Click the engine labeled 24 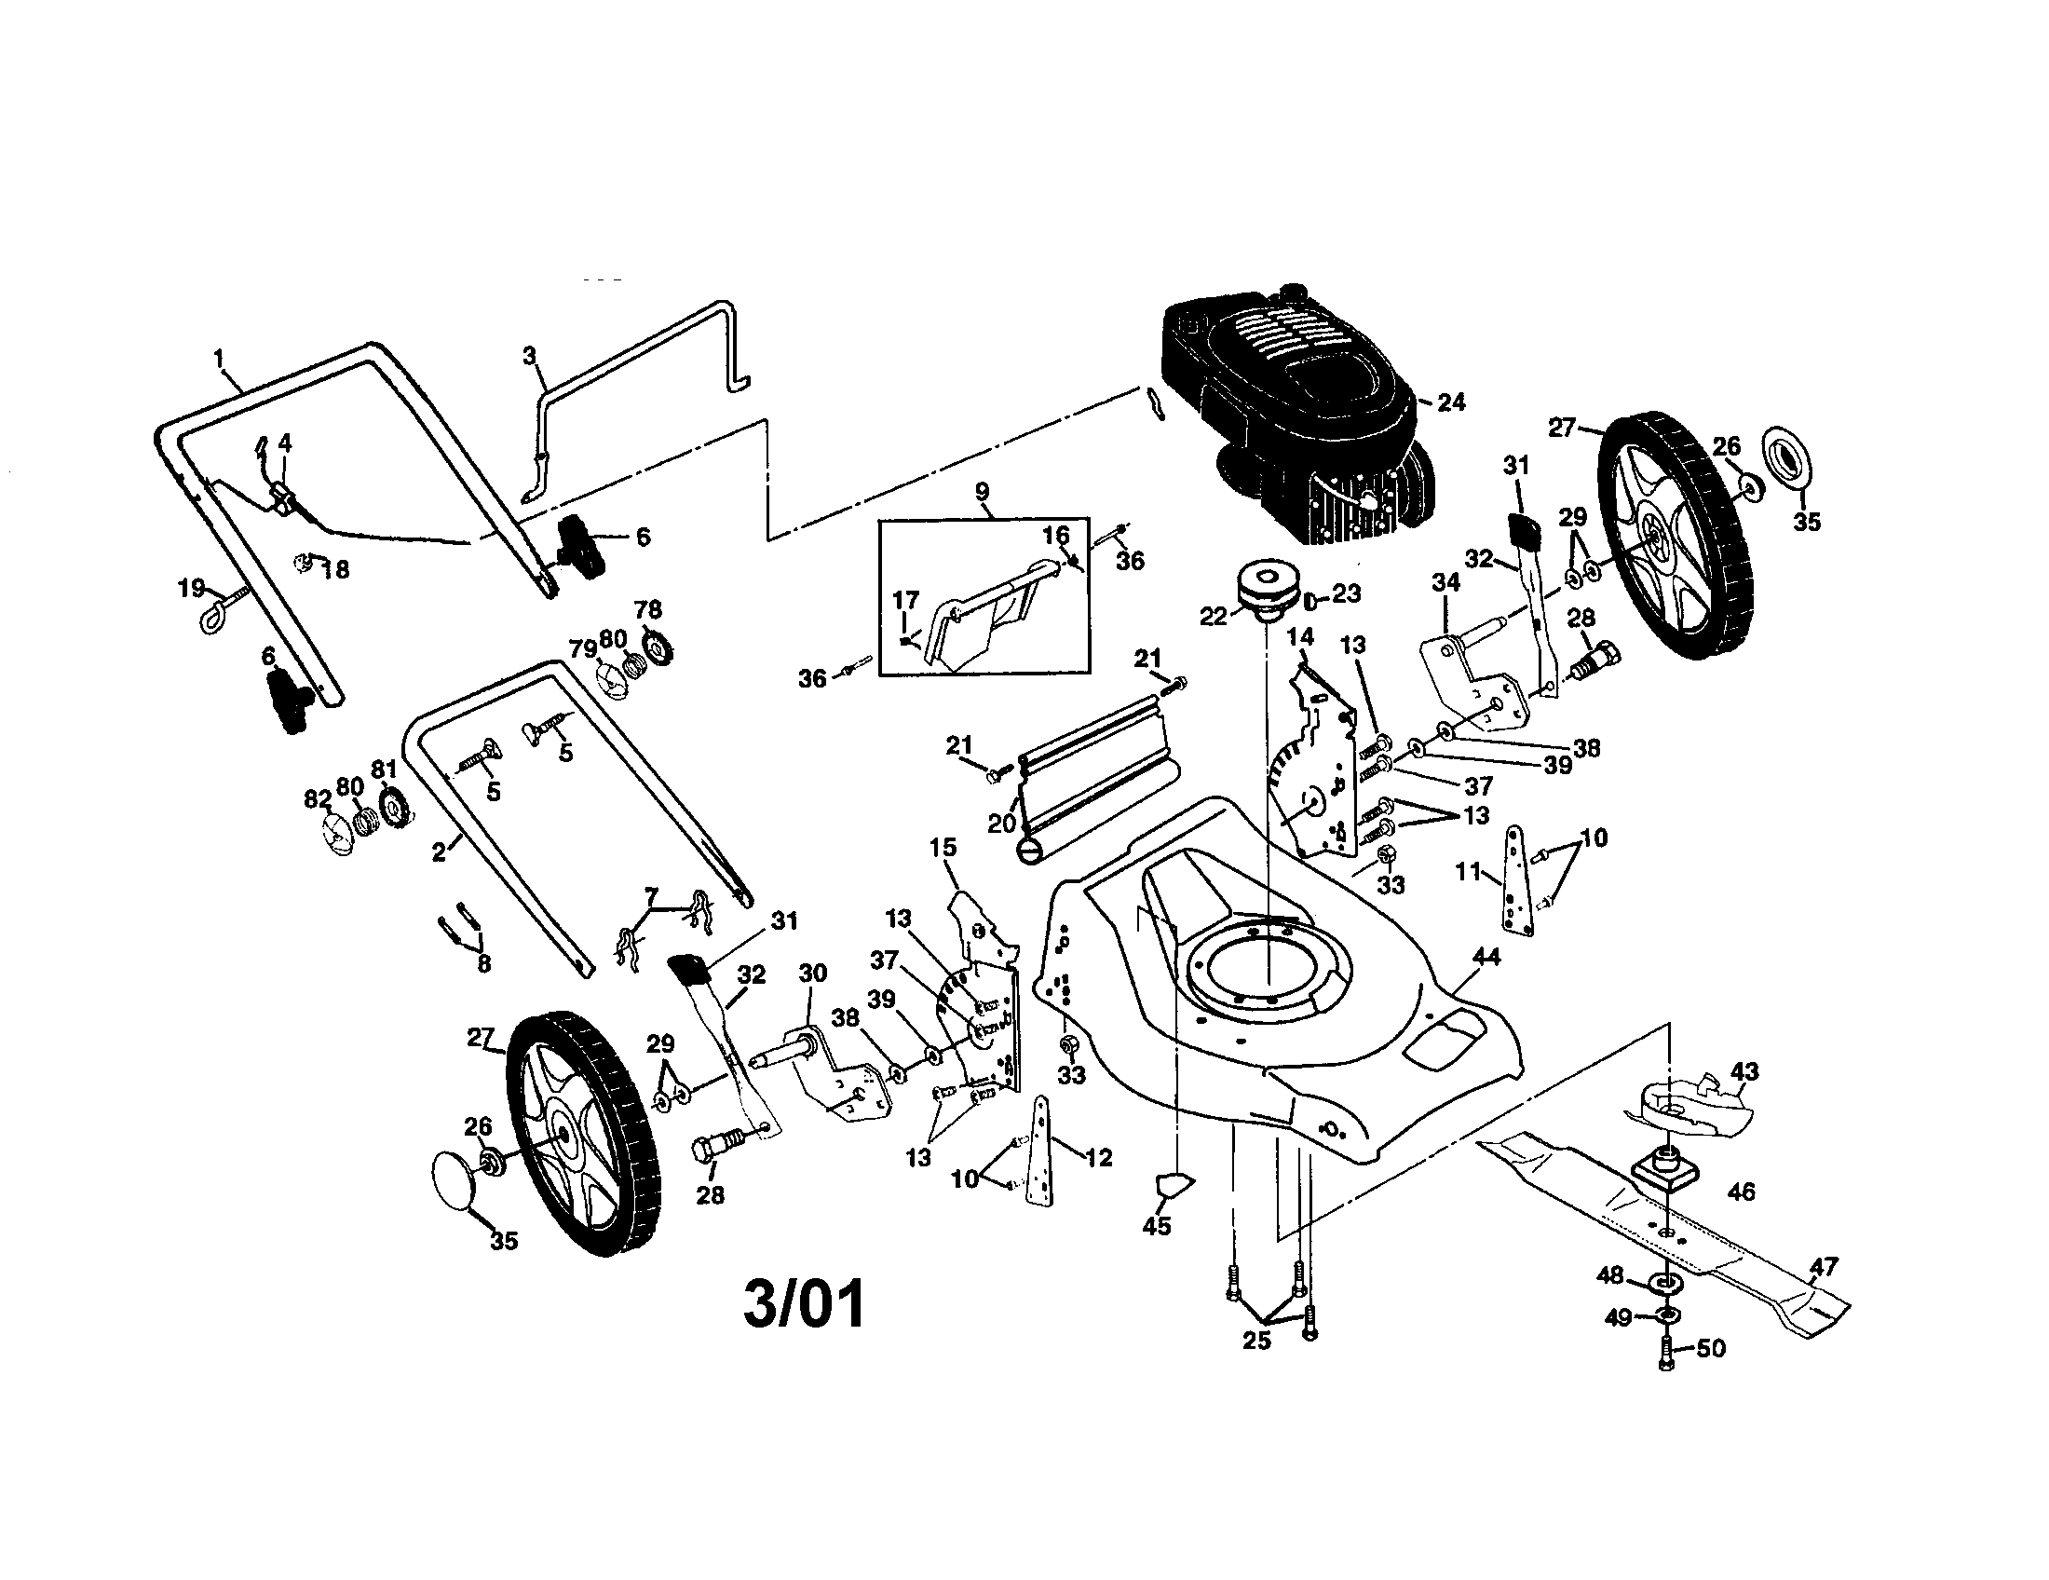click(x=1295, y=422)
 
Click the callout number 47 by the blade click(x=1824, y=1268)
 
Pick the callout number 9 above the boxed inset click(x=983, y=491)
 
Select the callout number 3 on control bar click(x=529, y=356)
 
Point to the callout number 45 click(x=1157, y=1226)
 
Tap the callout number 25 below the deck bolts click(x=1257, y=1340)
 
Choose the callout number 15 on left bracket click(x=943, y=847)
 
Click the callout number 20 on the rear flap click(x=1002, y=823)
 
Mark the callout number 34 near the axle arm click(x=1445, y=582)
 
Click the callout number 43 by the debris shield click(x=1744, y=1070)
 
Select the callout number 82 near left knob click(x=318, y=799)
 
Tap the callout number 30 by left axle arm click(x=812, y=973)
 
